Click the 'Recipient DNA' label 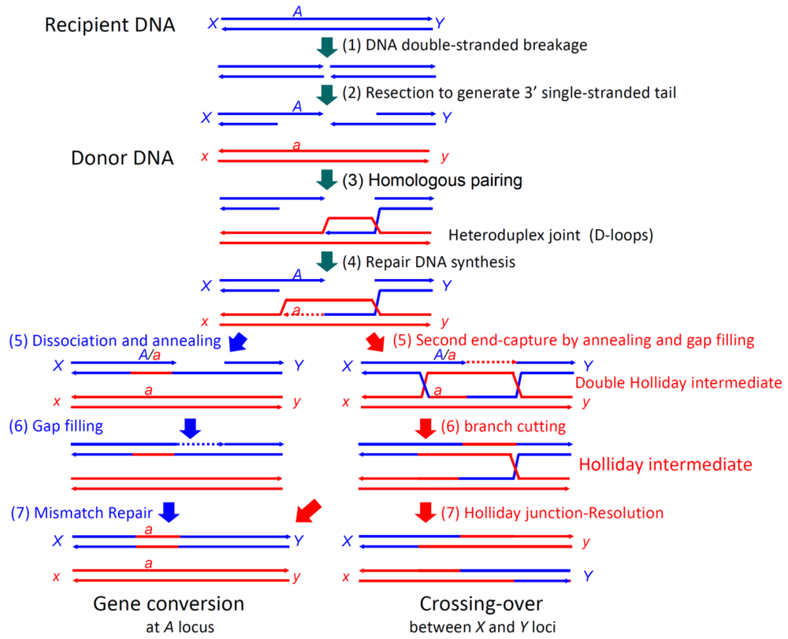pos(110,25)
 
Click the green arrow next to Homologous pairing pos(325,180)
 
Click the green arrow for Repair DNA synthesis pos(325,261)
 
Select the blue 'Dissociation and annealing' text pos(115,341)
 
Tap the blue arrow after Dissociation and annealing pos(236,342)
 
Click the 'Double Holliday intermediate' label pos(678,383)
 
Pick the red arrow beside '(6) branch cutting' pos(426,428)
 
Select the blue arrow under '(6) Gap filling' pos(191,428)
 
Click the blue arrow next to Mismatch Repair pos(169,513)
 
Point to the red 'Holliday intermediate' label pos(664,465)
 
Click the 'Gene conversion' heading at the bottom pos(169,604)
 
